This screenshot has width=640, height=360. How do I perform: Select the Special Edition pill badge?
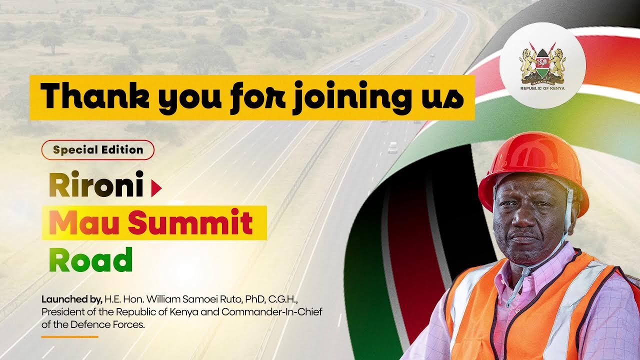98,149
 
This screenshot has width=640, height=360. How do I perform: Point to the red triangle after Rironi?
156,188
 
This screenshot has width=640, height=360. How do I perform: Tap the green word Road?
90,260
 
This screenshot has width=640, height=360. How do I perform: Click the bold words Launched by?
71,300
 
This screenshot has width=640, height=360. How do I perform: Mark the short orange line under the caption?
69,336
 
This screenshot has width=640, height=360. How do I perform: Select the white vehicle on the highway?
393,147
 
